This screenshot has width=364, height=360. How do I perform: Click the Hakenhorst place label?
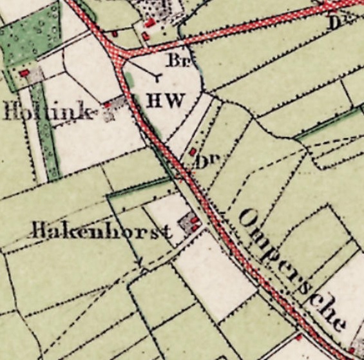click(102, 230)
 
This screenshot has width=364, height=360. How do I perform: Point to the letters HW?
click(166, 101)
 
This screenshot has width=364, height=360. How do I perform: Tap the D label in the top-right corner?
click(334, 23)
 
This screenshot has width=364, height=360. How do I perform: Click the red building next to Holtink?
click(107, 104)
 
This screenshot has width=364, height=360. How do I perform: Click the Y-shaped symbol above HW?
click(156, 77)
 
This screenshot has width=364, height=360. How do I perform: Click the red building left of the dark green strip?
click(24, 73)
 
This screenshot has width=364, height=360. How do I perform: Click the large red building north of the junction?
click(149, 24)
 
